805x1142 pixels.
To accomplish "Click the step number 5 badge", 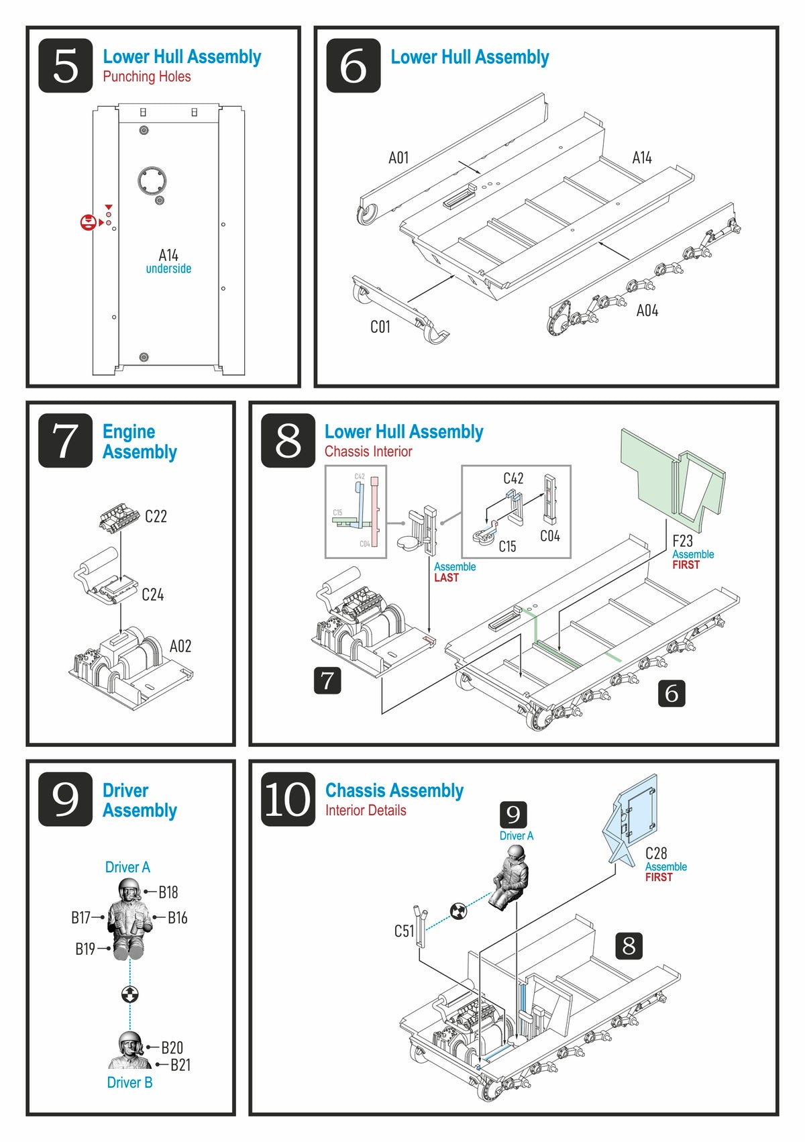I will point(65,66).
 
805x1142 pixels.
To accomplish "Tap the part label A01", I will point(398,158).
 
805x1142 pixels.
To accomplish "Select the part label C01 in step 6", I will point(380,327).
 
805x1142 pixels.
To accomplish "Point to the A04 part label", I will point(647,311).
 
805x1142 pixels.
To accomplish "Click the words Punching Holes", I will point(146,76).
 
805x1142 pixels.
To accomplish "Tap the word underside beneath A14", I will point(168,269).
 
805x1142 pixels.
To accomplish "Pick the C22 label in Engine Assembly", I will point(156,516).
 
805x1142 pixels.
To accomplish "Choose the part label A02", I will point(180,646).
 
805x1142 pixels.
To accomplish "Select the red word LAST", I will point(446,578).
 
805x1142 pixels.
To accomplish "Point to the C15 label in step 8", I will point(507,547).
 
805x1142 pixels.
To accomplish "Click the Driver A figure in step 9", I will point(128,919).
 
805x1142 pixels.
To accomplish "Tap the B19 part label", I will point(85,949).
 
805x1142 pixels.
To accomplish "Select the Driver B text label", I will point(129,1082).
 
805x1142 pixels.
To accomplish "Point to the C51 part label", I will point(404,931).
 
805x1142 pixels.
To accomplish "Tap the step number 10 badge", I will point(288,798).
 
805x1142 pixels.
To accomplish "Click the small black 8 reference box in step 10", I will point(629,945).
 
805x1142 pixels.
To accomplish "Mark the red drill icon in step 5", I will point(88,223).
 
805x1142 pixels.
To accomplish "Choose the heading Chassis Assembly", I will point(394,790).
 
